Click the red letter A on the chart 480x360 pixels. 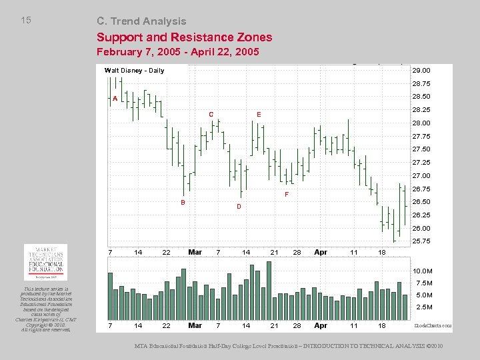coord(115,99)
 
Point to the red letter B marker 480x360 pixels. coord(183,202)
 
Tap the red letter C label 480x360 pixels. coord(211,115)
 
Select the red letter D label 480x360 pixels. coord(238,207)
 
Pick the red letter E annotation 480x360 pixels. coord(259,115)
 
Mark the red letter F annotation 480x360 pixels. coord(287,195)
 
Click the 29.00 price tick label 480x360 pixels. coord(421,70)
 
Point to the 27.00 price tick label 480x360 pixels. coord(421,176)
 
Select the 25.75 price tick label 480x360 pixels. coord(421,241)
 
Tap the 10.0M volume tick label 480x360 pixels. coord(423,271)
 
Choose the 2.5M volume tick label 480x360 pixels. coord(425,307)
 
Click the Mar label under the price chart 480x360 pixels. coord(195,252)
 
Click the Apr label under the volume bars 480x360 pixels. coord(321,325)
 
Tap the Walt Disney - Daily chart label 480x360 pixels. coord(134,71)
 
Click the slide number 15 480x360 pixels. coord(26,20)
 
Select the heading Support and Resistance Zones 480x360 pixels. coord(184,37)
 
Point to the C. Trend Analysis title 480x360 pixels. coord(141,21)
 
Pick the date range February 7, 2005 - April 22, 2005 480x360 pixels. coord(177,51)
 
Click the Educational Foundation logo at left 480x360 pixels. coord(45,262)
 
